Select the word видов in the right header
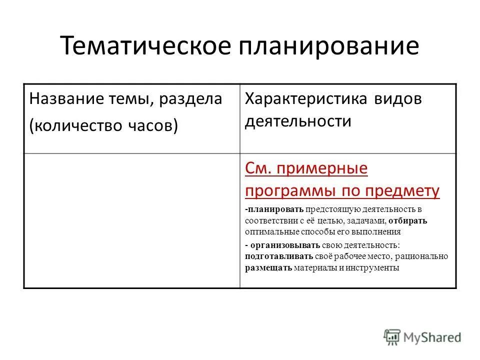pyautogui.click(x=398, y=99)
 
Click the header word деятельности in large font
pyautogui.click(x=298, y=122)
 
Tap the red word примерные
pyautogui.click(x=327, y=169)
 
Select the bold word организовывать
pyautogui.click(x=278, y=245)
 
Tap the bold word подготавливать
pyautogui.click(x=279, y=256)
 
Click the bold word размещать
pyautogui.click(x=268, y=268)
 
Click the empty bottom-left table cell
pyautogui.click(x=132, y=220)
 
